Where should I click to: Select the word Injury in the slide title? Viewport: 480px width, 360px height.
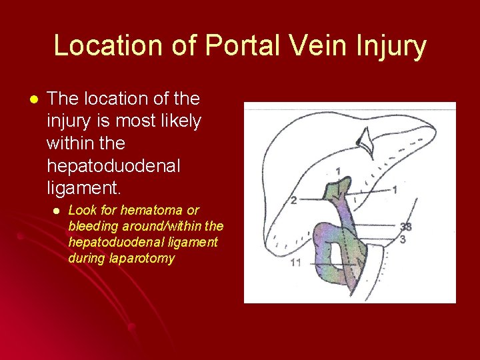393,46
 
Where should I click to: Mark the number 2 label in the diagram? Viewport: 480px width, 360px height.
294,200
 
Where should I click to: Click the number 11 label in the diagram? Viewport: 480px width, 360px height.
295,262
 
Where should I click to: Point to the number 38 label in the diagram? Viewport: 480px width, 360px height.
405,227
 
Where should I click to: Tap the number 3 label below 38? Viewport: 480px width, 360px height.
403,239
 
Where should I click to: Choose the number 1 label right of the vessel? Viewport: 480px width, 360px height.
395,190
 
